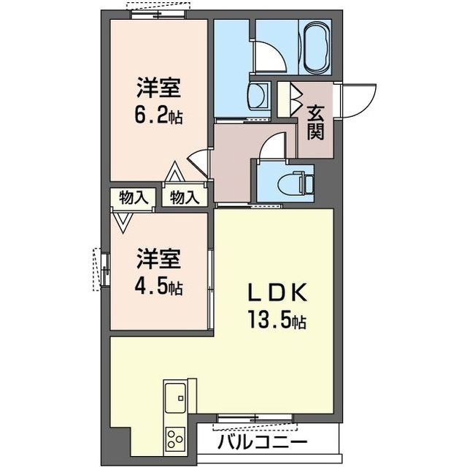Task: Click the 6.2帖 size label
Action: click(158, 115)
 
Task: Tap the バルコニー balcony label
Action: click(262, 442)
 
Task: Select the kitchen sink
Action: click(176, 398)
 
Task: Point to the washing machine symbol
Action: click(258, 95)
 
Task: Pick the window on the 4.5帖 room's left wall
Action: click(103, 270)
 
